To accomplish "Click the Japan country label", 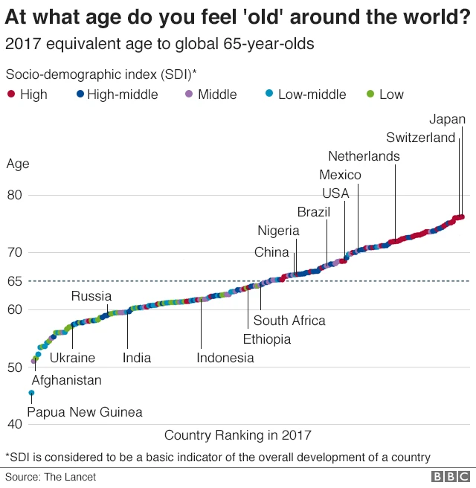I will pos(448,119).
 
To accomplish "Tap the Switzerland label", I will pos(420,138).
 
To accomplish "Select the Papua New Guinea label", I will pos(84,411).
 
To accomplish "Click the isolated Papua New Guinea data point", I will pos(31,393).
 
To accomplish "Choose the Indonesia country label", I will pos(225,358).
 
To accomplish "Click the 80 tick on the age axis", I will pos(16,195).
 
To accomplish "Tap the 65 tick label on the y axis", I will pos(16,281).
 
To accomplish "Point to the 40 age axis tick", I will pos(16,424).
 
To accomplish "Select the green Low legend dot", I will pos(370,94).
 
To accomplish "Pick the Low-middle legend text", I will pos(312,94).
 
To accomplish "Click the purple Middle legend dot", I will pos(188,94).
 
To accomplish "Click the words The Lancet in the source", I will pos(72,477).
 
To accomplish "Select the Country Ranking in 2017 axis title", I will pos(237,435).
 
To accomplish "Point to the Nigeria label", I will pos(278,231).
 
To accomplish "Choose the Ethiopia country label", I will pos(267,339).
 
